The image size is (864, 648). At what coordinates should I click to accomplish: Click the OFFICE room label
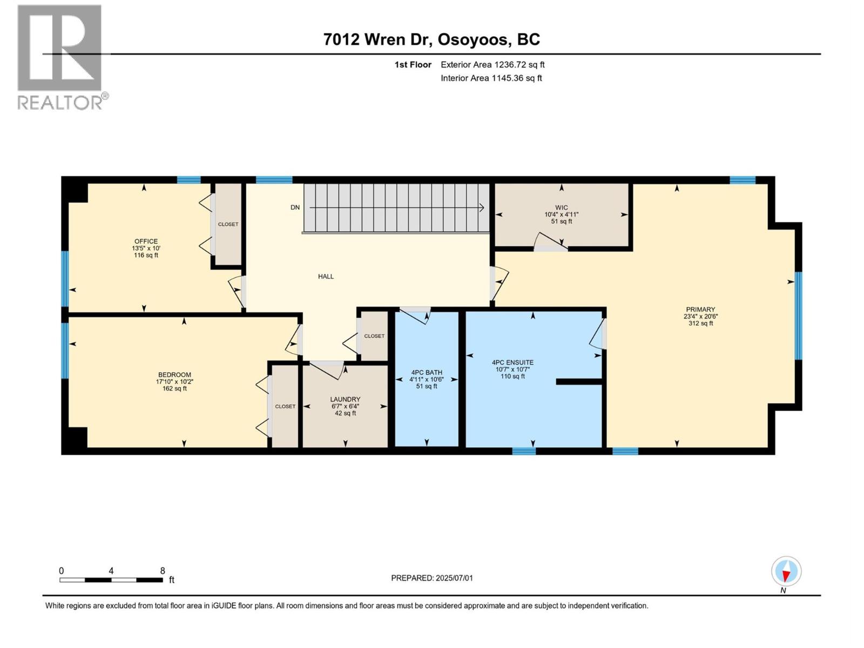(x=146, y=241)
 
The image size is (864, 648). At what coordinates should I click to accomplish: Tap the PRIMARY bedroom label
(x=700, y=309)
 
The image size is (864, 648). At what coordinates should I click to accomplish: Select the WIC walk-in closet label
(x=561, y=207)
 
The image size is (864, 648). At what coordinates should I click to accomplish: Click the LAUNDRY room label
(x=345, y=400)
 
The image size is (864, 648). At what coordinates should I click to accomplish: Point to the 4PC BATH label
(x=427, y=373)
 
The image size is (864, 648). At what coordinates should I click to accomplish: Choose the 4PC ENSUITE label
(x=512, y=363)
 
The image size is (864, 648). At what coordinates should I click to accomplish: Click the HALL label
(x=326, y=276)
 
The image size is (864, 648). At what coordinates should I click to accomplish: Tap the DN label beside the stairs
(x=295, y=207)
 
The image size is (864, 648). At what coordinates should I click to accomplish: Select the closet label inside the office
(x=228, y=224)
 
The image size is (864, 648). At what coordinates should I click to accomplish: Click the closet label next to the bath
(x=374, y=336)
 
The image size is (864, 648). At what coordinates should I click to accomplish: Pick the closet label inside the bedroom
(x=285, y=407)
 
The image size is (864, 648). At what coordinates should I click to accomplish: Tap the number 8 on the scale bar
(x=163, y=571)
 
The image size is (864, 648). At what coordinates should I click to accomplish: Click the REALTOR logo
(x=60, y=57)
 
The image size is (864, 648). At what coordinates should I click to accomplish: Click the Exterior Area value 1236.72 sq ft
(x=519, y=65)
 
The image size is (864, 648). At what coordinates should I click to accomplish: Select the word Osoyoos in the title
(x=473, y=39)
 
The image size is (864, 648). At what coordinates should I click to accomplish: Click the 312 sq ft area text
(x=700, y=323)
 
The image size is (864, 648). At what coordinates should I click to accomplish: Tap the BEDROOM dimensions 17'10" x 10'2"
(x=174, y=382)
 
